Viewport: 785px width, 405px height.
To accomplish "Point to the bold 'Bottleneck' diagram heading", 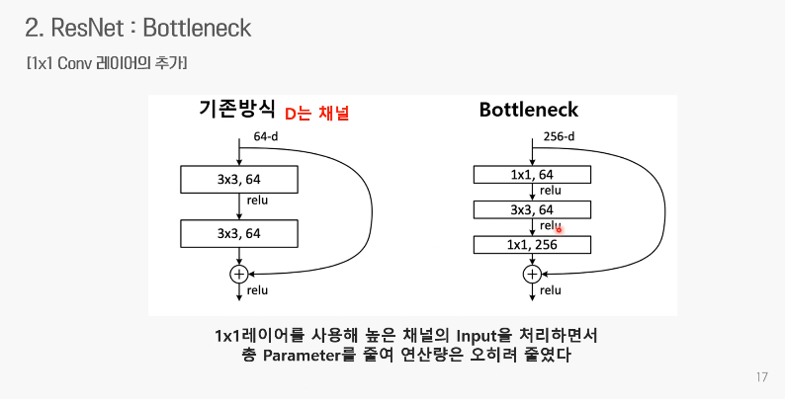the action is [528, 110].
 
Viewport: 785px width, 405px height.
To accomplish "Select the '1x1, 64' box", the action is [532, 175].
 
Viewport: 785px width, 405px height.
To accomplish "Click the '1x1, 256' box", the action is [532, 244].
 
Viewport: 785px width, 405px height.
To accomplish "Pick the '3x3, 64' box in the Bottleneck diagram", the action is [532, 209].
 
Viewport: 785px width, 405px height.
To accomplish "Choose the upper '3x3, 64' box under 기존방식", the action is [238, 179].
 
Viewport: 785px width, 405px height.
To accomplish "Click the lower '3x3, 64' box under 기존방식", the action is [238, 233].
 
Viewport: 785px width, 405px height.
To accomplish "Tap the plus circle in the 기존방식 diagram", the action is [238, 273].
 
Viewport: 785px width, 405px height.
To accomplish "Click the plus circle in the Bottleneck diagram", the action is [532, 273].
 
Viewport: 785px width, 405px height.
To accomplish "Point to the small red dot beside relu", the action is [559, 229].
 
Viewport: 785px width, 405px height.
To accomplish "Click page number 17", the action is [760, 377].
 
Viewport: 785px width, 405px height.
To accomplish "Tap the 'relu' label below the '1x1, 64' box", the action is [551, 191].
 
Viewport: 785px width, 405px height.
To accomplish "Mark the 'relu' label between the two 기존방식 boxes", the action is [257, 201].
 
